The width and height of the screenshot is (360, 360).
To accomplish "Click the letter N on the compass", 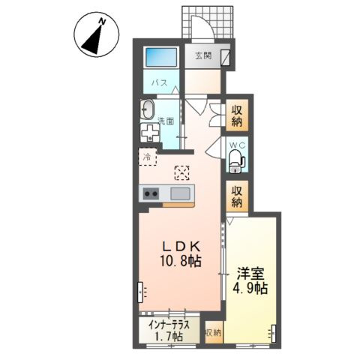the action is click(102, 22).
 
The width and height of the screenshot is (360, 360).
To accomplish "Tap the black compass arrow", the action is click(93, 40).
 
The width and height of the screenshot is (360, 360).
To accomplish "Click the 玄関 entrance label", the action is click(203, 55).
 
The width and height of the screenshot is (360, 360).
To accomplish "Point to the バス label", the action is click(160, 82).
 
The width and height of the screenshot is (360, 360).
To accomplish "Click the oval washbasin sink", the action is click(147, 110).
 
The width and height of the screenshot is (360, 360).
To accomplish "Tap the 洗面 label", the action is click(166, 121).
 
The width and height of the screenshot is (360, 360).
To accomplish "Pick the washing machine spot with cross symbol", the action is click(150, 132).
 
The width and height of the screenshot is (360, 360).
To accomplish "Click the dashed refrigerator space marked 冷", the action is click(148, 157).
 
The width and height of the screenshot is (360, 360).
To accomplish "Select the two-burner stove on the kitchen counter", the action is click(151, 193).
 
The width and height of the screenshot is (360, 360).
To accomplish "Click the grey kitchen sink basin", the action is click(180, 193).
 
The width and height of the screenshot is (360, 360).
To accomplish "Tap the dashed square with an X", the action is click(182, 173).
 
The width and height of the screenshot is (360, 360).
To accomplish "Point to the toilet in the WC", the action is click(236, 161).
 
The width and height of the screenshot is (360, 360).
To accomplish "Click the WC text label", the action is click(237, 145).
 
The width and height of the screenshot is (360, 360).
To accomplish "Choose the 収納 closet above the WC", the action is click(237, 115).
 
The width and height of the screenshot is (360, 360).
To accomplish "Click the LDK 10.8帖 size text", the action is click(181, 254).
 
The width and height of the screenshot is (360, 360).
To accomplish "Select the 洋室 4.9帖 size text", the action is click(250, 281).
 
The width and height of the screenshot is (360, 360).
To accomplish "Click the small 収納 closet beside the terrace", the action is click(213, 333).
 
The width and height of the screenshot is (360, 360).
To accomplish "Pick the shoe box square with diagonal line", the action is click(226, 58).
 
